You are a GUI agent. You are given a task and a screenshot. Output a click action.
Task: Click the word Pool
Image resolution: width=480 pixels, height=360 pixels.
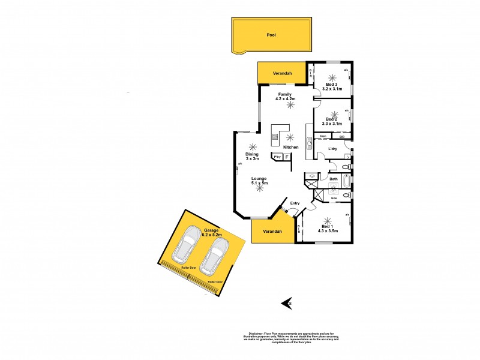point(271,35)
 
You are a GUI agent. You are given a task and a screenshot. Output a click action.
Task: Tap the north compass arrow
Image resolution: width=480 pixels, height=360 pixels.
point(286,303)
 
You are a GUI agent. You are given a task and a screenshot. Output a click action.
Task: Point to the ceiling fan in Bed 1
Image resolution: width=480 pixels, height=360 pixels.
point(328,220)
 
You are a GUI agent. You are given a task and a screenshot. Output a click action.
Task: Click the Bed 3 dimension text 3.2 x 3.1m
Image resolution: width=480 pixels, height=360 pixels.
point(332,89)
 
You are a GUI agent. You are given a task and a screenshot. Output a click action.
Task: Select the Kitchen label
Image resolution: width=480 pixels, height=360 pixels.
point(291,147)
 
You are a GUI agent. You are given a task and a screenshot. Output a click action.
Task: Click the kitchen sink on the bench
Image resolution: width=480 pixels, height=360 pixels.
point(310,144)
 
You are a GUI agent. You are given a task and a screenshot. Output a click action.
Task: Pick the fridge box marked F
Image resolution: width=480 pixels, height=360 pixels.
point(286,157)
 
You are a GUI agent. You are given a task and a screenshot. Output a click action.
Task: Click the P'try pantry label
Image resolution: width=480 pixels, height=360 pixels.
point(277,157)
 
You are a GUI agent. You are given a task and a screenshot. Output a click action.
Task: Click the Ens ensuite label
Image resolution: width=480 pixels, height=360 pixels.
point(334,198)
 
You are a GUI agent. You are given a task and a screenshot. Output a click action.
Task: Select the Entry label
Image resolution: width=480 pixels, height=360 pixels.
point(295,203)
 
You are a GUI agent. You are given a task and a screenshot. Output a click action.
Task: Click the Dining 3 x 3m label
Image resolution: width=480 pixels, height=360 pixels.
point(251,156)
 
